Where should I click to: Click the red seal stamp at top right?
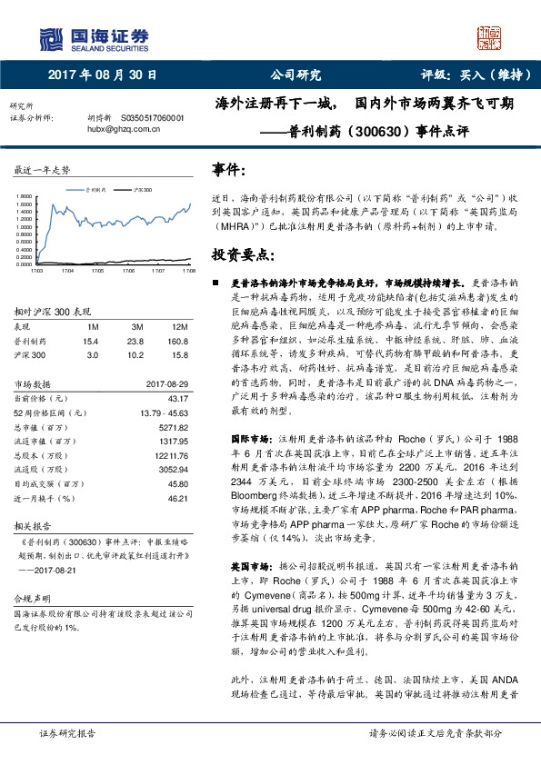tap(488, 37)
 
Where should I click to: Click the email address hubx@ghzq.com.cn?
tap(121, 129)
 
